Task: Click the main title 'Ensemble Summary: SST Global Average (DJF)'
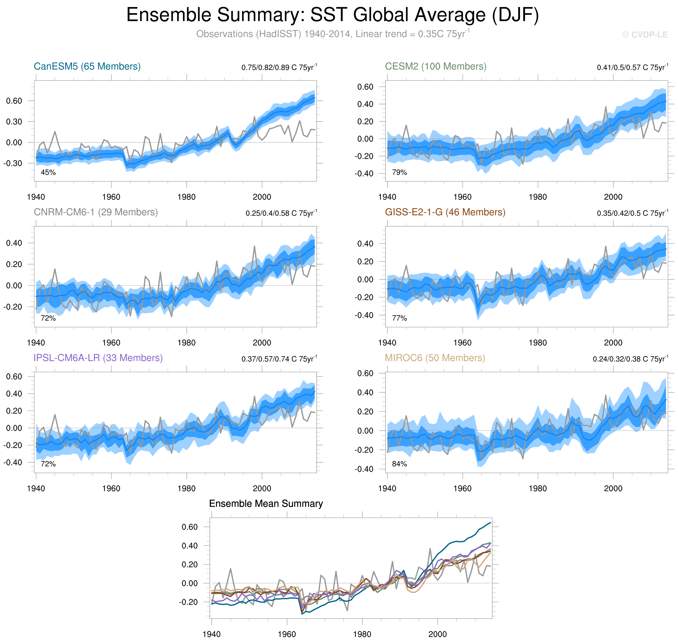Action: [x=332, y=15]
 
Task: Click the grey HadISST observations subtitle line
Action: [x=332, y=34]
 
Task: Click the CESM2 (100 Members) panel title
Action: [x=435, y=66]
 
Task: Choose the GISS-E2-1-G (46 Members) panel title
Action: [x=445, y=212]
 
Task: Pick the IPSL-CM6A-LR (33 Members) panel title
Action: [x=98, y=358]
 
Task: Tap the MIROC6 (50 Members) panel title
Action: [x=435, y=358]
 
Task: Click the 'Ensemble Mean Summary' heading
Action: [x=266, y=504]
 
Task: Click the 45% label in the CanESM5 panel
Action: [x=48, y=172]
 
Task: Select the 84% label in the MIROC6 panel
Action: [x=399, y=464]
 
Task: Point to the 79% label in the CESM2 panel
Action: [x=399, y=172]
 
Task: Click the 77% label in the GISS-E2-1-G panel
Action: [x=399, y=318]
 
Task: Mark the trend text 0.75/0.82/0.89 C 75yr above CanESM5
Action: [x=279, y=67]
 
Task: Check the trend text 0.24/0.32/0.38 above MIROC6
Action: [x=630, y=359]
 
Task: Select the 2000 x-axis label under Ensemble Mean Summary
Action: [x=437, y=634]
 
